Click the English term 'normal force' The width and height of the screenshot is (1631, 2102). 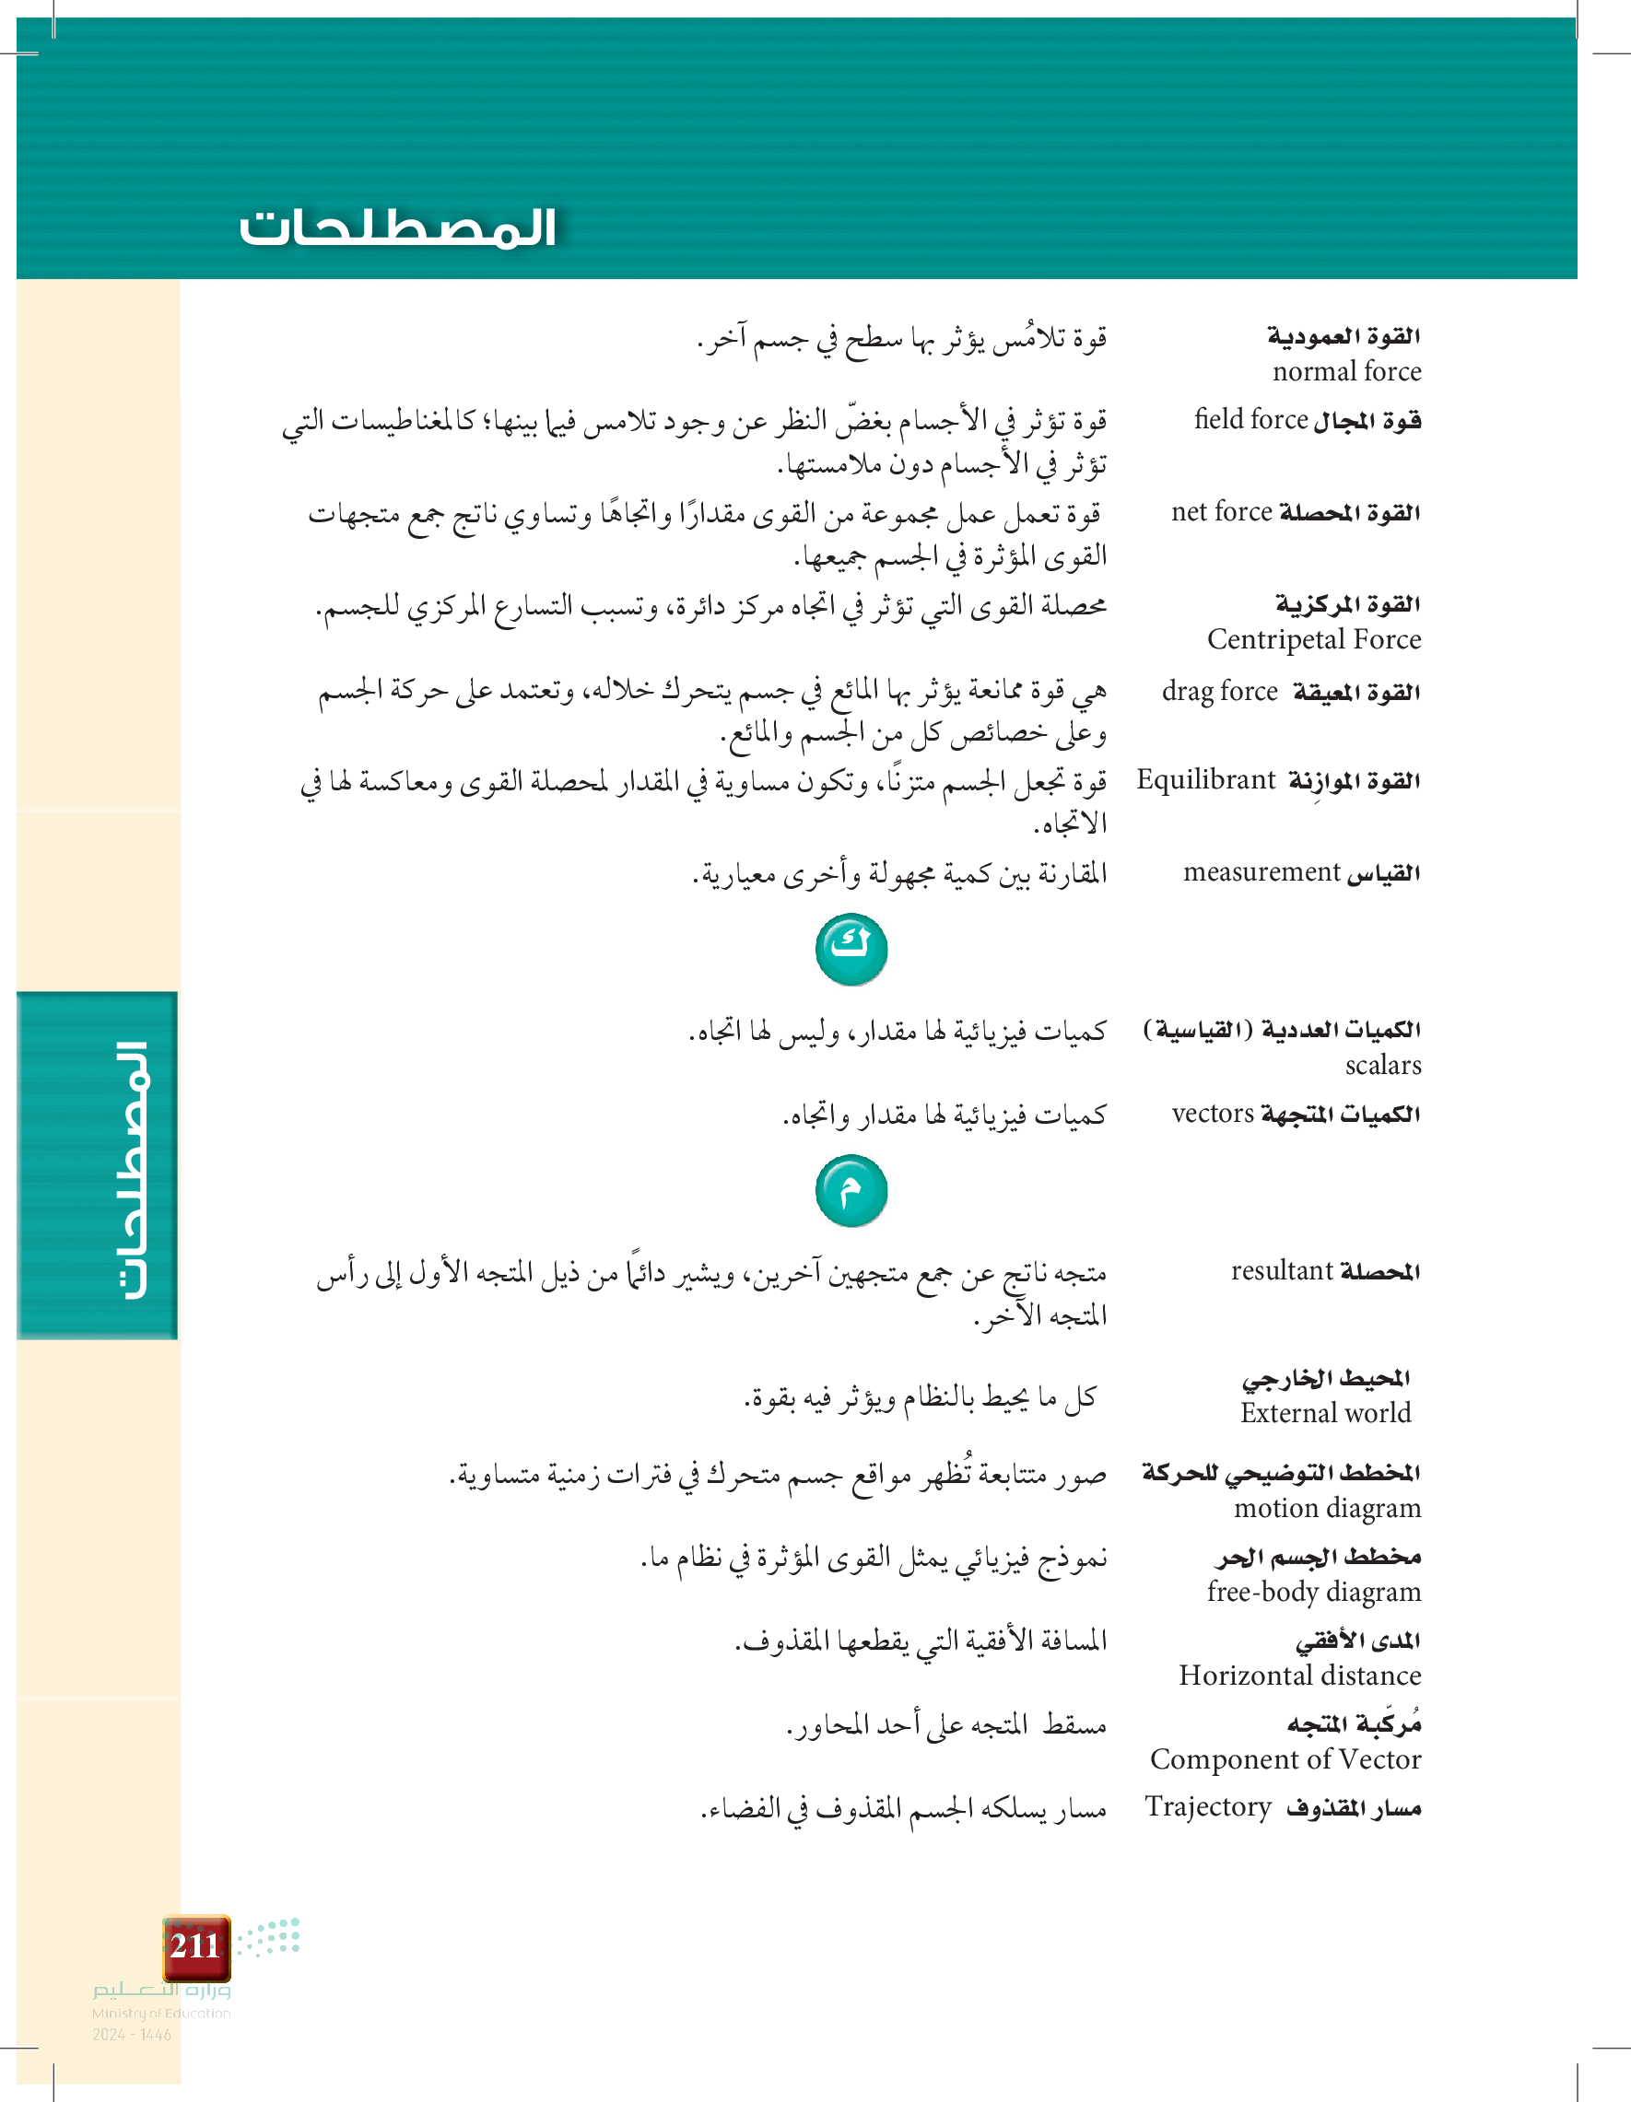(x=1346, y=371)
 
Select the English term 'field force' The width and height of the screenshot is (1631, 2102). (x=1250, y=419)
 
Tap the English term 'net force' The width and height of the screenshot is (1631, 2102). (x=1221, y=512)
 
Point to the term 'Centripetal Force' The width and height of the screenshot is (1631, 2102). (x=1313, y=639)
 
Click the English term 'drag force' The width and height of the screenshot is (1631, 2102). (x=1219, y=691)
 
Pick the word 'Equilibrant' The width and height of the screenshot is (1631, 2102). (x=1205, y=779)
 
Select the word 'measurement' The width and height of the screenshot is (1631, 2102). (x=1261, y=872)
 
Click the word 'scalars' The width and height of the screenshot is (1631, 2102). (x=1382, y=1066)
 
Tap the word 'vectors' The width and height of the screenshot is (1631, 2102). (x=1212, y=1114)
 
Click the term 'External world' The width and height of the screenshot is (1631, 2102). (x=1325, y=1413)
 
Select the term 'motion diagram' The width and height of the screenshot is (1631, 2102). (x=1327, y=1508)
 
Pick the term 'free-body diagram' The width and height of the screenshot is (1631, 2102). (x=1313, y=1592)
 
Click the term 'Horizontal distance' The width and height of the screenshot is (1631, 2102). (x=1300, y=1676)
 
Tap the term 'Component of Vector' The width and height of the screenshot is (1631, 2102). (x=1285, y=1759)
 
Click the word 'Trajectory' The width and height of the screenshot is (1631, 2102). (x=1208, y=1806)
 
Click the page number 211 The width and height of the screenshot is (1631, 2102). (x=195, y=1946)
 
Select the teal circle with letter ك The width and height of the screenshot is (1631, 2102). (x=851, y=950)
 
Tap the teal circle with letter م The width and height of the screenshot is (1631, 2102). (x=851, y=1192)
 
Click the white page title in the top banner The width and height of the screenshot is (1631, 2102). (x=398, y=228)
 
